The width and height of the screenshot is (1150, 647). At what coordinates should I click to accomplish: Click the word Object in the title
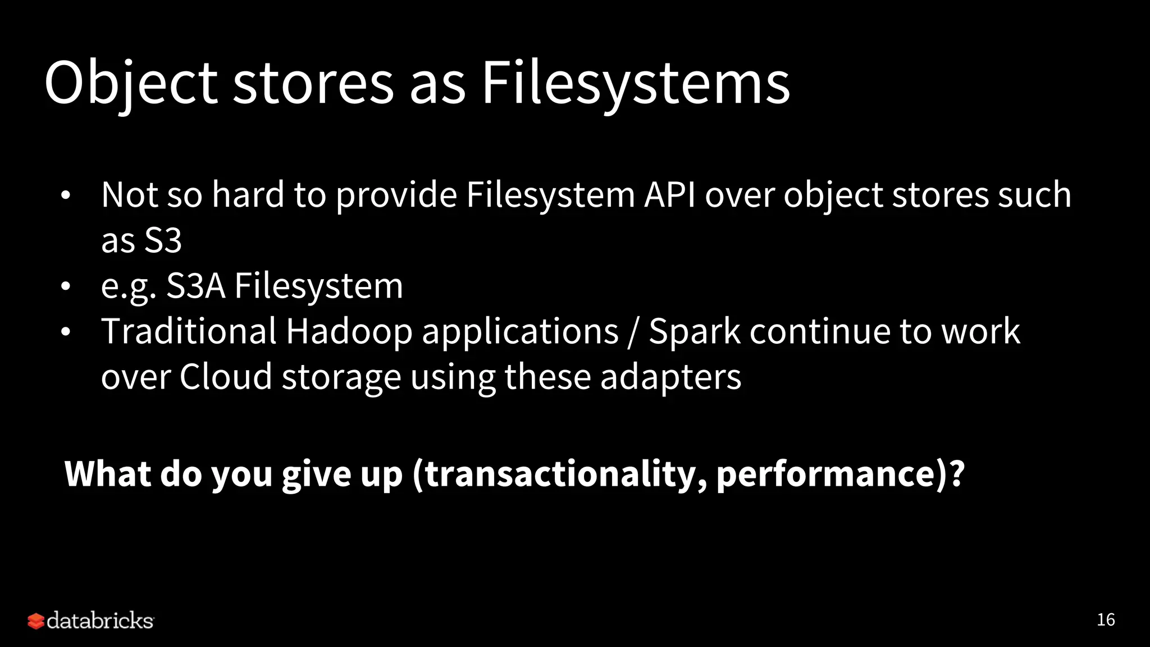coord(130,84)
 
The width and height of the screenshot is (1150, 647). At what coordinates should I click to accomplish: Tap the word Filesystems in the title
coord(636,84)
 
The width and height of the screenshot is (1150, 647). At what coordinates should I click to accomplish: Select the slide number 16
coord(1106,619)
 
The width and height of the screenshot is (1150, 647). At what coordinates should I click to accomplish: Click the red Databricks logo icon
coord(35,621)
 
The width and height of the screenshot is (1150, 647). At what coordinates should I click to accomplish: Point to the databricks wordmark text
coord(100,621)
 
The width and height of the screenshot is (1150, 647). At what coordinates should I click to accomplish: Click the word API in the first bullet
coord(669,195)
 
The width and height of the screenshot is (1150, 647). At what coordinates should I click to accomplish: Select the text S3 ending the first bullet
coord(163,240)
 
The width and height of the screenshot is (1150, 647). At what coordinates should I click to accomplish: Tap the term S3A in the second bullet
coord(196,286)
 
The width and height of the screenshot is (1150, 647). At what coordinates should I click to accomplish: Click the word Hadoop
coord(349,331)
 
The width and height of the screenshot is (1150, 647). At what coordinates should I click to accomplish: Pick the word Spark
coord(694,331)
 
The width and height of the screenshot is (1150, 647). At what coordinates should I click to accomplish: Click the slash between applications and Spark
coord(633,332)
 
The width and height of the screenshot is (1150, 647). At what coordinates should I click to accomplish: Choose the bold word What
coord(108,474)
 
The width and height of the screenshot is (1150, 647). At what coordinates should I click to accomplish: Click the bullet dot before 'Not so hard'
coord(66,196)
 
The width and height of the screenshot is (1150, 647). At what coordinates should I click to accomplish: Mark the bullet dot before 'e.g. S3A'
coord(66,286)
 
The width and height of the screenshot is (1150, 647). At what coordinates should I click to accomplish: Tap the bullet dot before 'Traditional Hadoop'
coord(66,332)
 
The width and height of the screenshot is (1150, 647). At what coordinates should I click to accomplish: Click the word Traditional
coord(189,331)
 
